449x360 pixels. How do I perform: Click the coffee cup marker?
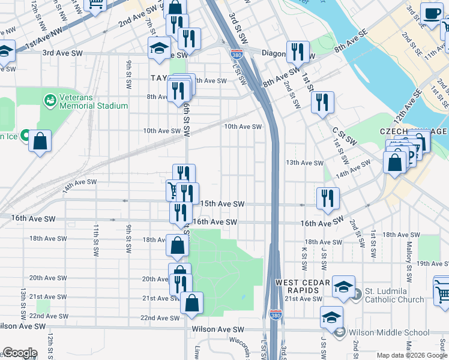point(431,14)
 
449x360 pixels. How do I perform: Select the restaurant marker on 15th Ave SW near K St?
point(328,199)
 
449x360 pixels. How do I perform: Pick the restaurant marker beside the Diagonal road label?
point(298,52)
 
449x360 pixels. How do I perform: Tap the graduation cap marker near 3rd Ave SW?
point(159,49)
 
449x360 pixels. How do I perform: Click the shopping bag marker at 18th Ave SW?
point(178,245)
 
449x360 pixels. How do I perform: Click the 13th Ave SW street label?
point(304,163)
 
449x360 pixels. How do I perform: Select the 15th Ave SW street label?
point(222,205)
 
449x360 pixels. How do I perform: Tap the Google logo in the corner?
point(20,353)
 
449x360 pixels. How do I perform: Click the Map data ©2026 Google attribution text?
point(412,355)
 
